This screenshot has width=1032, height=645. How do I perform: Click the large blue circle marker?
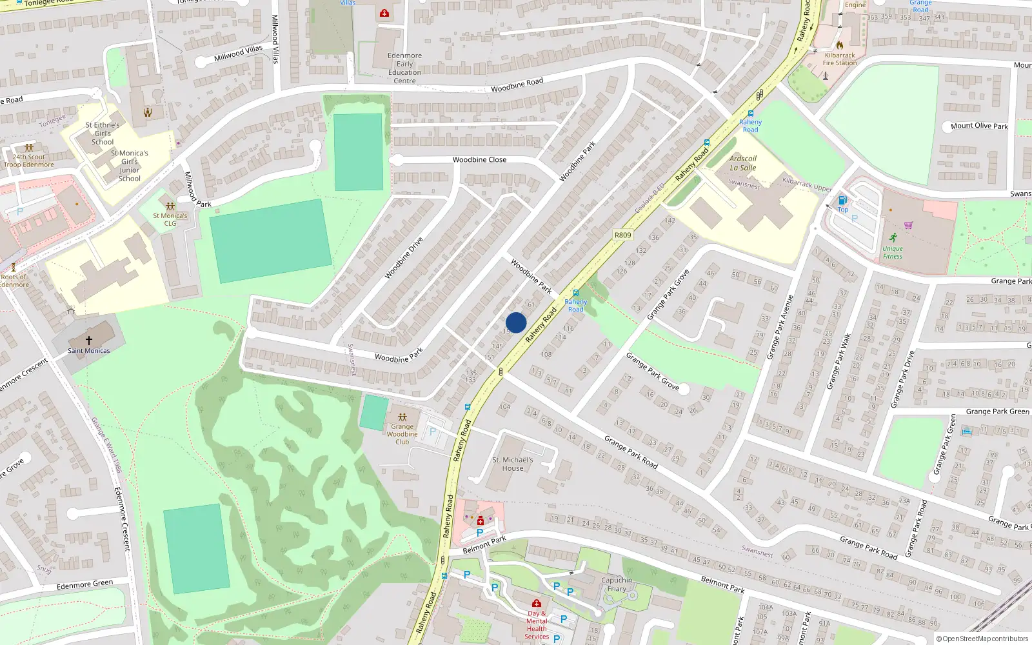click(x=516, y=322)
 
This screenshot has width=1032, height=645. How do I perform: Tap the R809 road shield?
click(x=623, y=235)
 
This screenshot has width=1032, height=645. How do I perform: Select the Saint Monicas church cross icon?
click(x=89, y=340)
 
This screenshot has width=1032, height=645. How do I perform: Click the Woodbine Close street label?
click(x=479, y=160)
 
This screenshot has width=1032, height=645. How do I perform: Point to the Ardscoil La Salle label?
click(x=743, y=163)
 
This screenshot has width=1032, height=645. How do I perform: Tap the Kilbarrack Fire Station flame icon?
click(x=840, y=45)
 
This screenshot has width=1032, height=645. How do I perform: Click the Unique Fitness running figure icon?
click(x=893, y=238)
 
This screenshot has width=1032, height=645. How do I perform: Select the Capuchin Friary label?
click(x=617, y=584)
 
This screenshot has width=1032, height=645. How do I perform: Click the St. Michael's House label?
click(x=513, y=464)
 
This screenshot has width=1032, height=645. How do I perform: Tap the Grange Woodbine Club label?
click(x=402, y=434)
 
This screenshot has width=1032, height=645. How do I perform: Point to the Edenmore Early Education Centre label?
click(x=404, y=68)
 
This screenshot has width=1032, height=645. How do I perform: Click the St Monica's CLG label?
click(x=170, y=220)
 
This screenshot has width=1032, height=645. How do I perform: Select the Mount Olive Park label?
click(x=979, y=126)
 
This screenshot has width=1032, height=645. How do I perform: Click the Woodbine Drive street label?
click(x=404, y=258)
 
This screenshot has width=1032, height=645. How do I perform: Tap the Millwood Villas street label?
click(x=239, y=53)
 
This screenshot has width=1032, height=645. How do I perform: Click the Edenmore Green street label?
click(x=84, y=585)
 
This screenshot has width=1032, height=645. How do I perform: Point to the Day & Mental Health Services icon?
click(x=536, y=604)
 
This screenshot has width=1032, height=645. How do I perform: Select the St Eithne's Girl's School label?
click(x=103, y=134)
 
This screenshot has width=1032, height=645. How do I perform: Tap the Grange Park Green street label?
click(x=997, y=412)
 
